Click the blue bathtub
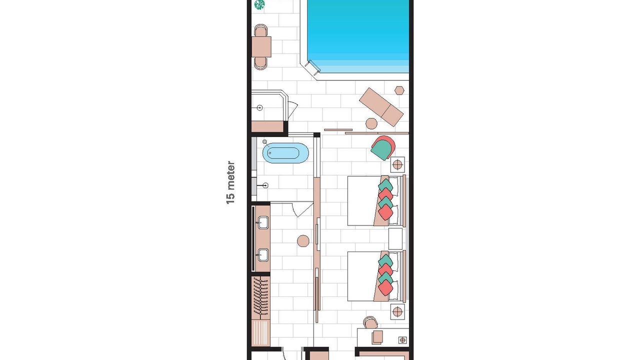point(285,153)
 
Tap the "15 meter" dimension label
point(230,182)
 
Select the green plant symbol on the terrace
point(259,4)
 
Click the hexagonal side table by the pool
point(399,90)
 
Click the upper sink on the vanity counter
point(263,222)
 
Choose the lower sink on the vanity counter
point(263,255)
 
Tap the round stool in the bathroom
point(303,241)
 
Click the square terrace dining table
point(261,47)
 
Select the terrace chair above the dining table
point(260,30)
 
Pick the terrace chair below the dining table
point(260,63)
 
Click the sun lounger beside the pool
point(381,107)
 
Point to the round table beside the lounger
point(371,123)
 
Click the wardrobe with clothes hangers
point(261,297)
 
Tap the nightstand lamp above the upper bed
point(397,164)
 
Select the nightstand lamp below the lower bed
point(397,311)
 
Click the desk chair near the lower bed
point(370,322)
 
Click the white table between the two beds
point(395,238)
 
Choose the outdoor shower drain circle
point(259,107)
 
